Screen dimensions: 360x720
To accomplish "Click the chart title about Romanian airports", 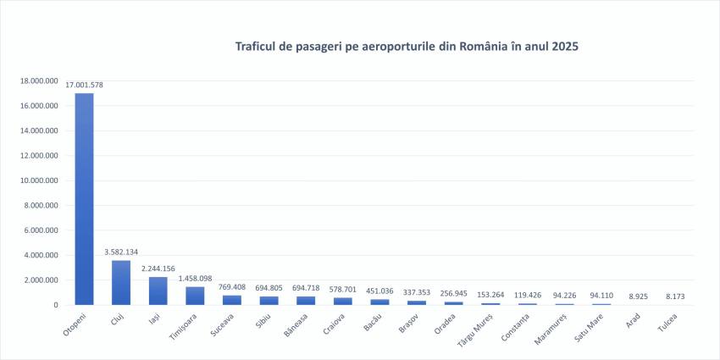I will click(407, 46).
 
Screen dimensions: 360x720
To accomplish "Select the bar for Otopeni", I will click(85, 198).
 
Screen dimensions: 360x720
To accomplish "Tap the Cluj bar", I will click(121, 282).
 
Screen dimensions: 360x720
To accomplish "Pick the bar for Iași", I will click(158, 291).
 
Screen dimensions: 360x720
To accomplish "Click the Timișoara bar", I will click(195, 296).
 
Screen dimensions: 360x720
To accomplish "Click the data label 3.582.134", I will click(121, 252).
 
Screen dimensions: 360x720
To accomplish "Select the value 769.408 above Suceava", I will click(232, 287).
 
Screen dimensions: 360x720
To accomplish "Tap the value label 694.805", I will click(269, 288).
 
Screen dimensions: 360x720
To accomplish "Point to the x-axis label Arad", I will click(633, 320).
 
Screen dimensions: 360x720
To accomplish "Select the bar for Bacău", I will click(379, 301).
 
